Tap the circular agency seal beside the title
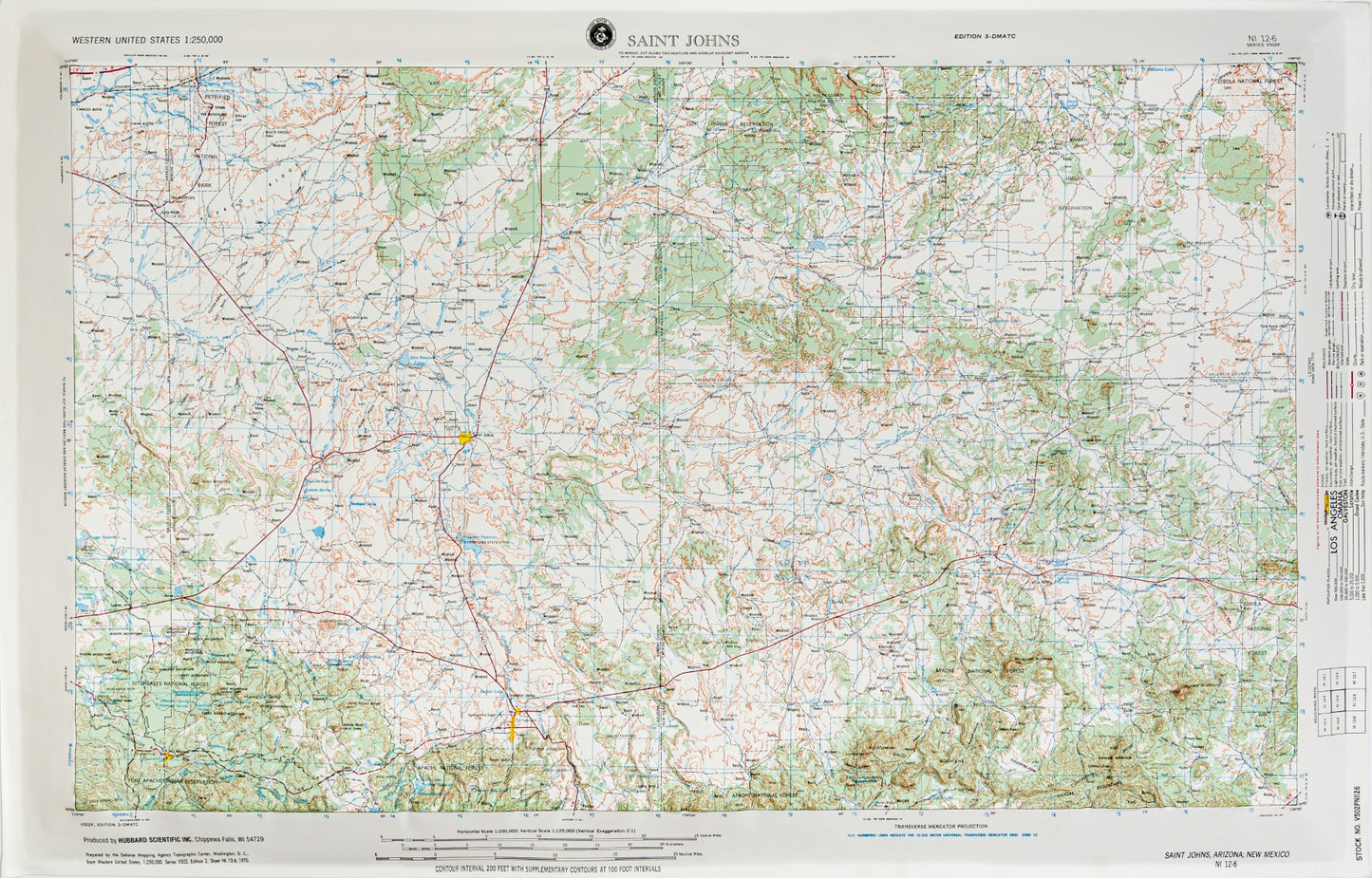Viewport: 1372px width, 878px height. tap(599, 36)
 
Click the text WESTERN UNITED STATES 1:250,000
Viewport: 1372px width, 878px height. tap(147, 39)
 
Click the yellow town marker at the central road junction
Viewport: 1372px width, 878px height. tap(464, 438)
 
